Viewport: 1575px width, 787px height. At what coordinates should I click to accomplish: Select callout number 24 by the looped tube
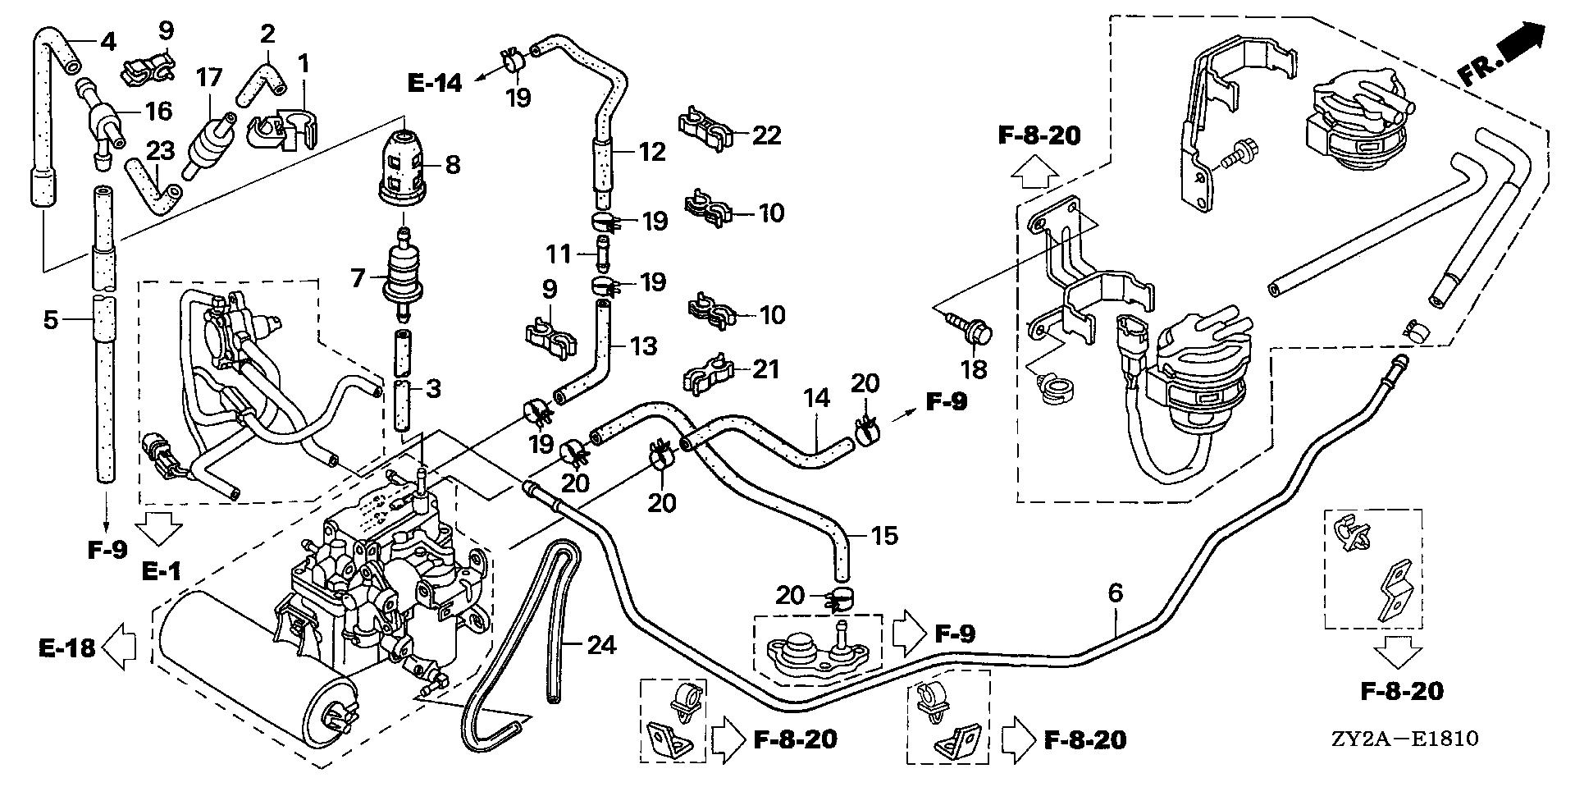pyautogui.click(x=600, y=645)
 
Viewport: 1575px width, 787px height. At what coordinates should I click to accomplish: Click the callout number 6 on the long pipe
pyautogui.click(x=1115, y=593)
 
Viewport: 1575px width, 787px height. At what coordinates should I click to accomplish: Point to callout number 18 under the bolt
pyautogui.click(x=975, y=369)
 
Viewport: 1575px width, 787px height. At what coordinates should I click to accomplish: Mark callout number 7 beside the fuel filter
pyautogui.click(x=358, y=278)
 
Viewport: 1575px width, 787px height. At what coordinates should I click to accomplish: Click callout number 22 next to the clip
pyautogui.click(x=768, y=135)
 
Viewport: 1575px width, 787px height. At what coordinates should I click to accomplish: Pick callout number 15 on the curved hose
pyautogui.click(x=883, y=536)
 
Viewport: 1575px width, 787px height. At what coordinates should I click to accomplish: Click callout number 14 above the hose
pyautogui.click(x=817, y=398)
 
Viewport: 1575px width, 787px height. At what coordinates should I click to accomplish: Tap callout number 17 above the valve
pyautogui.click(x=209, y=79)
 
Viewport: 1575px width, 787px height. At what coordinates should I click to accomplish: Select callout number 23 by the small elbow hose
pyautogui.click(x=162, y=150)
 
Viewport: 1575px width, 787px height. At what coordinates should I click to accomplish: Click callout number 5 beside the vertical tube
pyautogui.click(x=51, y=319)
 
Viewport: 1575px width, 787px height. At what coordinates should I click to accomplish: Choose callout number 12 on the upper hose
pyautogui.click(x=652, y=152)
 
